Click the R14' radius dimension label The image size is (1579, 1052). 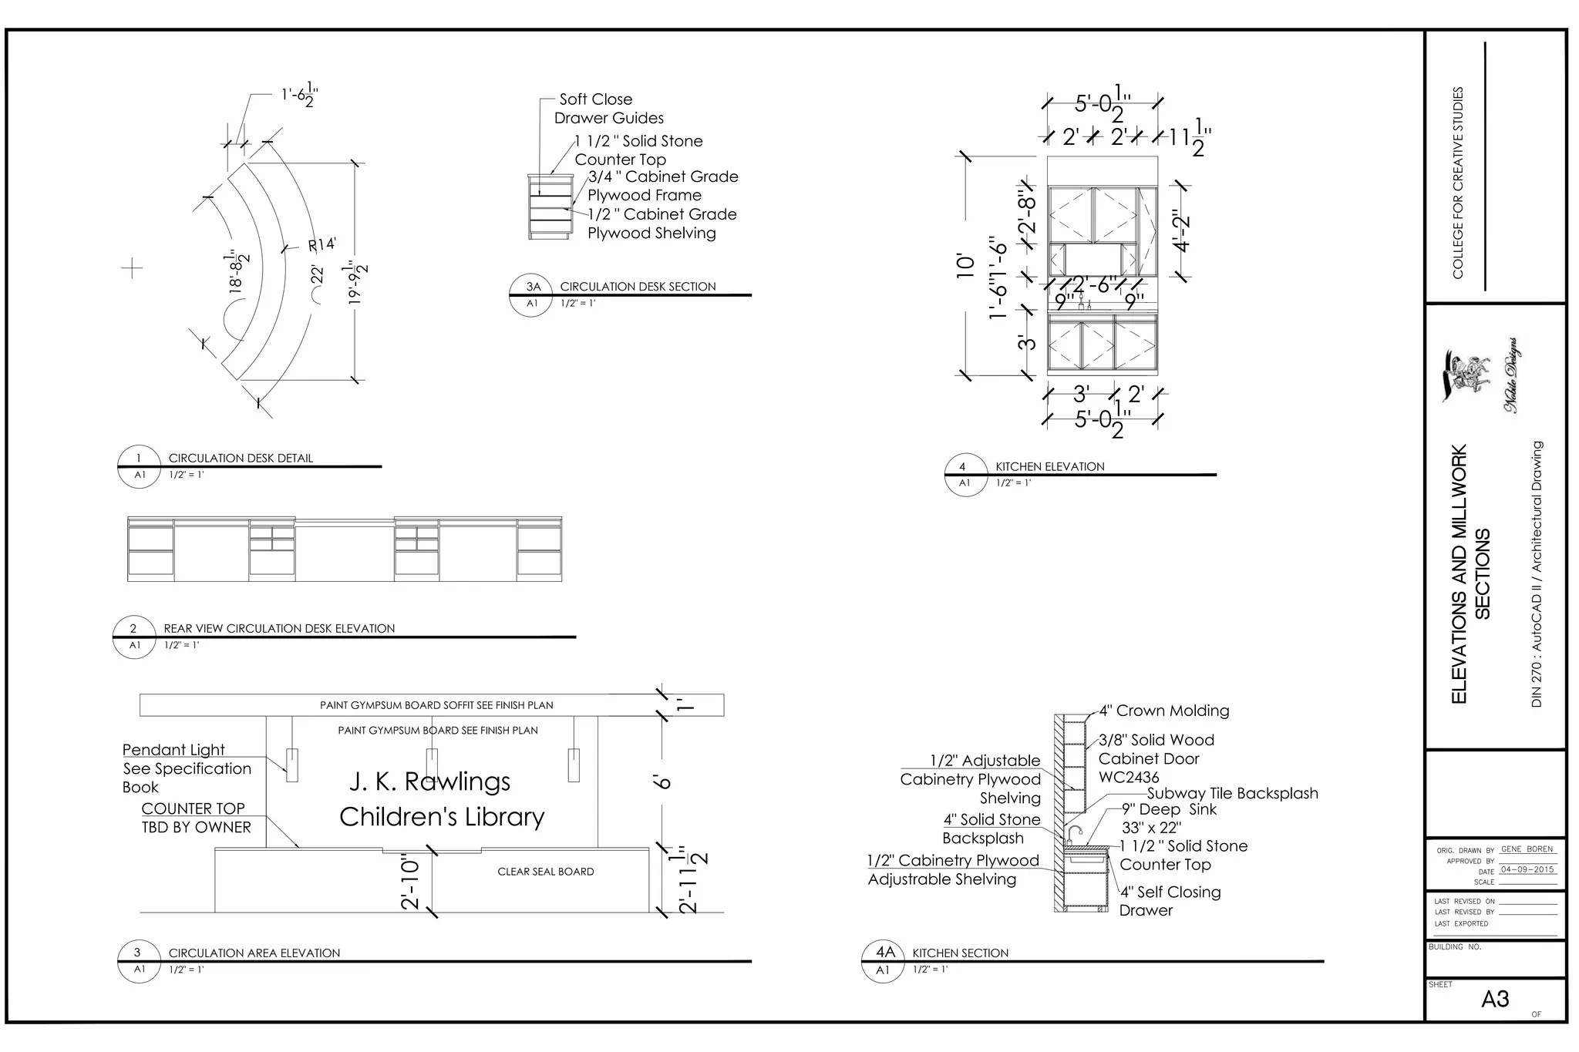(x=322, y=245)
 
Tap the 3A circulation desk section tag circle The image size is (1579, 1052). (x=531, y=294)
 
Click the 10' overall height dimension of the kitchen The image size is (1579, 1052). (x=965, y=265)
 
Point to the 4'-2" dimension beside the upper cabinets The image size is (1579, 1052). (x=1181, y=231)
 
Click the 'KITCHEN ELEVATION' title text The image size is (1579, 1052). (x=1049, y=466)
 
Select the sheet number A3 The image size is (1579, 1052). (x=1494, y=1000)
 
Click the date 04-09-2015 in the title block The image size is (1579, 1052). (x=1527, y=869)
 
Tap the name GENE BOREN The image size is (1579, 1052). (x=1527, y=849)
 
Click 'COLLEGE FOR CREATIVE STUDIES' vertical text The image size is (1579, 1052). (x=1457, y=183)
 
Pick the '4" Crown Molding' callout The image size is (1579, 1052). (x=1164, y=711)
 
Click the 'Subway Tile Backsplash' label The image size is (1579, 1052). (x=1232, y=793)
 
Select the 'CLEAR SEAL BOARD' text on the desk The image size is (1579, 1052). (x=545, y=872)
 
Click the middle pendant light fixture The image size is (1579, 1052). (x=432, y=765)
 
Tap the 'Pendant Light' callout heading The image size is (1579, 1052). (x=173, y=750)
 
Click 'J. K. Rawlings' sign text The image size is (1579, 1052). (x=429, y=781)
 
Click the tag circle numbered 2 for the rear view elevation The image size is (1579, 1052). (x=133, y=637)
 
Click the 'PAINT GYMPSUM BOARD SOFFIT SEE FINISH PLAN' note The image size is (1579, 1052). (x=436, y=705)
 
